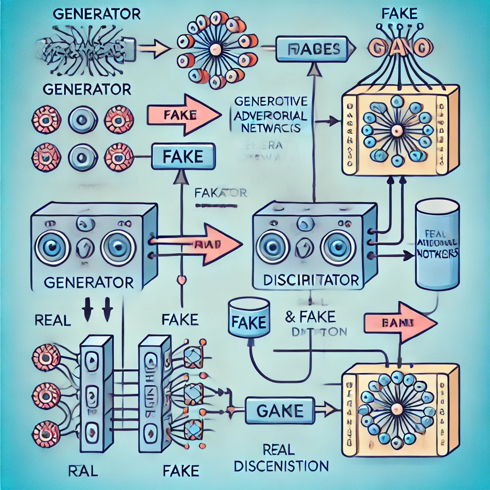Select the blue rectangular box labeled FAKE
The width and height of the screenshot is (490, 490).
[183, 156]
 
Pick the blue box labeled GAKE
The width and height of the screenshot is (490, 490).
[280, 410]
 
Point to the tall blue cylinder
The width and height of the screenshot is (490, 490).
[437, 244]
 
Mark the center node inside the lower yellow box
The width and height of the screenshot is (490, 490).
[397, 409]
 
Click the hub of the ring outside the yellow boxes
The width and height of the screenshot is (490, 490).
[215, 48]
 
